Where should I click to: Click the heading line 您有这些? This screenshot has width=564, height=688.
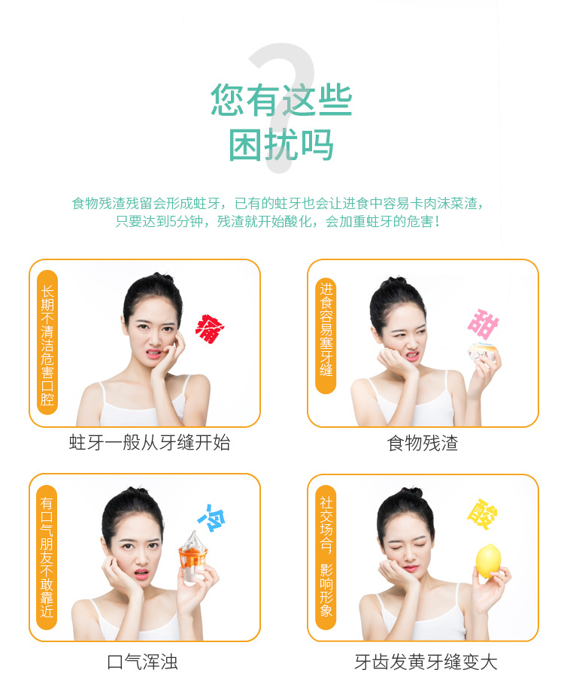pyautogui.click(x=281, y=99)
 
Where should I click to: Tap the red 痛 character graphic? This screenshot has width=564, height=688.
pyautogui.click(x=208, y=329)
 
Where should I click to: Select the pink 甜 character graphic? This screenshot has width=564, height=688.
pyautogui.click(x=483, y=323)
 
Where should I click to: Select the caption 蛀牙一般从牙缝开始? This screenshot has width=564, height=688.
pyautogui.click(x=150, y=443)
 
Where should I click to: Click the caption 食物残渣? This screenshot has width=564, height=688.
pyautogui.click(x=423, y=443)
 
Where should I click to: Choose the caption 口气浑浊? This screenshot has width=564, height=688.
pyautogui.click(x=143, y=662)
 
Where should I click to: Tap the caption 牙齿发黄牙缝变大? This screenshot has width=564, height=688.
pyautogui.click(x=426, y=662)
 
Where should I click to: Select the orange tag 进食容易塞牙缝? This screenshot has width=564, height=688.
pyautogui.click(x=326, y=332)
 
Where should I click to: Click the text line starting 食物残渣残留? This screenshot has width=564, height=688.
pyautogui.click(x=277, y=203)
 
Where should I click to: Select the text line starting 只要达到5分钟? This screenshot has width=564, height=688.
pyautogui.click(x=277, y=222)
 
